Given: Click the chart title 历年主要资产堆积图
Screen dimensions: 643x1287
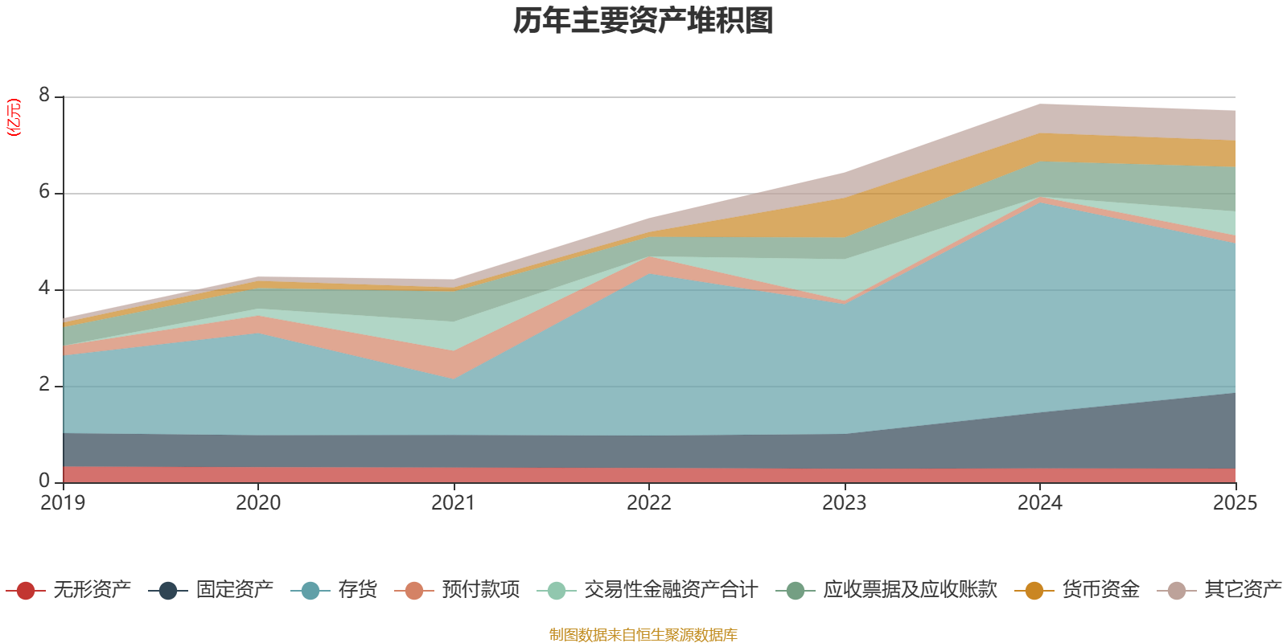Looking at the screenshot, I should coord(643,21).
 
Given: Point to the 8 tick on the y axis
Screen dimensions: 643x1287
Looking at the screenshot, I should coord(44,96).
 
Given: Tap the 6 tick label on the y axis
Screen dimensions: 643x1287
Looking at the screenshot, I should coord(44,192).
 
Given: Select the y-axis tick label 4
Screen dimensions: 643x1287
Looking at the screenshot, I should coord(44,289).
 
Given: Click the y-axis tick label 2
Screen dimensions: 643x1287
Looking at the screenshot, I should coord(44,385).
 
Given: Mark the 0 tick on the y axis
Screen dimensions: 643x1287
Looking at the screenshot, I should coord(44,481).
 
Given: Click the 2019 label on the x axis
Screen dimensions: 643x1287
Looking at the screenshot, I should coord(63,503).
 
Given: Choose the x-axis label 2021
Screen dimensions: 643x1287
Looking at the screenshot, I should coord(454,503).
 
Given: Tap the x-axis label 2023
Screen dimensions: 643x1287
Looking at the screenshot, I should coord(845,503).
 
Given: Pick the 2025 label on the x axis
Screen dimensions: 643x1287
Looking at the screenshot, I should coord(1235,503).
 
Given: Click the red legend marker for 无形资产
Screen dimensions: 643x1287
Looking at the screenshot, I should coord(26,591).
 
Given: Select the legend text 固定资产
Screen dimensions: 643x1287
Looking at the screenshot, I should coord(234,590).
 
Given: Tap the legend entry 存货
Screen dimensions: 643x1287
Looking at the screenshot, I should coord(357,590).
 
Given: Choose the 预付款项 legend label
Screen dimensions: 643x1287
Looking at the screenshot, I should coord(480,590).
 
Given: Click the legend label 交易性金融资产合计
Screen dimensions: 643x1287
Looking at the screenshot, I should coord(670,590).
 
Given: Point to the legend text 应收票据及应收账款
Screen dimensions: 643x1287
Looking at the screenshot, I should coord(910,590).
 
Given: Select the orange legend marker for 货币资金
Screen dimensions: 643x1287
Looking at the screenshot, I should coord(1034,591).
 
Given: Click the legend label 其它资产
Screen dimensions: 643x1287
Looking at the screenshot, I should coord(1243,590).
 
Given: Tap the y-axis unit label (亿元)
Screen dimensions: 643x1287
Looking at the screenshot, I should coord(14,117).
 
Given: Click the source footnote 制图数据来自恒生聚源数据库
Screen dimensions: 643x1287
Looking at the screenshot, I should coord(643,635).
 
